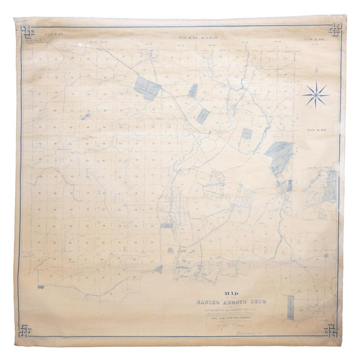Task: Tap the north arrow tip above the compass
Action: click(x=315, y=69)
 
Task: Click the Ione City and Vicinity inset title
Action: click(x=317, y=169)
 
